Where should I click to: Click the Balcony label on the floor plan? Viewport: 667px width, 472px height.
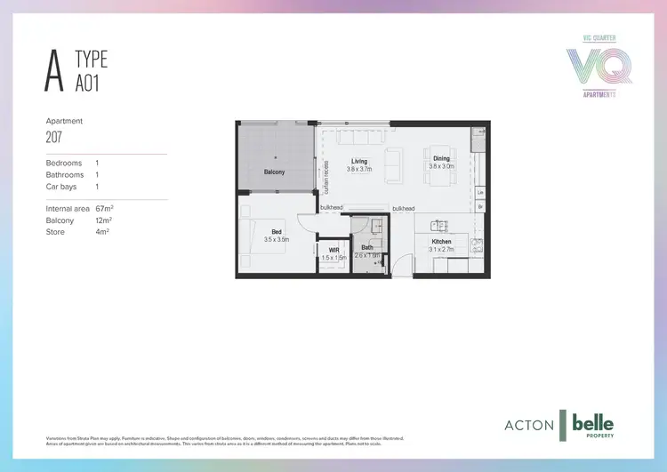274,172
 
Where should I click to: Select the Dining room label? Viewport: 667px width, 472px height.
441,160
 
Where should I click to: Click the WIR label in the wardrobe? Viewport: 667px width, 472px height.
334,251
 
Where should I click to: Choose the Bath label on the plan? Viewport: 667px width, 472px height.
367,248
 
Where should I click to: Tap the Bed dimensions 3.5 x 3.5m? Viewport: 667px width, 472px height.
276,240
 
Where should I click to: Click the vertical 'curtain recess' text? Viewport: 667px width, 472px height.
326,177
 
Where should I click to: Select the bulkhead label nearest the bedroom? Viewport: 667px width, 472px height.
332,208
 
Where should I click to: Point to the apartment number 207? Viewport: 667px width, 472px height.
55,138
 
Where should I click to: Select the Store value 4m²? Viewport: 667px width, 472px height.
101,232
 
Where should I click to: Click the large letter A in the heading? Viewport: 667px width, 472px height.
56,73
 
